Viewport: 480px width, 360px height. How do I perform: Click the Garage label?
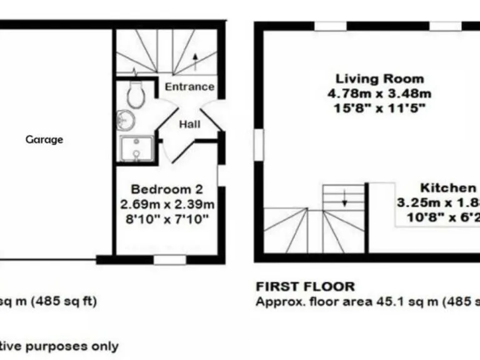coord(44,139)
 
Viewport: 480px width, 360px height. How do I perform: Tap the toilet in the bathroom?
coord(135,95)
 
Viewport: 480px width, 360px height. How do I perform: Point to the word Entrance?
coord(189,87)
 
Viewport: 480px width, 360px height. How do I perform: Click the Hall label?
coord(189,124)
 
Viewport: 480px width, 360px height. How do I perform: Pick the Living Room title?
coord(380,79)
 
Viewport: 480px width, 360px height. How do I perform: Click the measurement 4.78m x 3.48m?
coord(380,94)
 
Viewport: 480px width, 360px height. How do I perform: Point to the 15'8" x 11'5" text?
coord(380,107)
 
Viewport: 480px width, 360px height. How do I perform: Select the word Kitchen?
coord(447,188)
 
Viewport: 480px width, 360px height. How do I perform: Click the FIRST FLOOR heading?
coord(305,287)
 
